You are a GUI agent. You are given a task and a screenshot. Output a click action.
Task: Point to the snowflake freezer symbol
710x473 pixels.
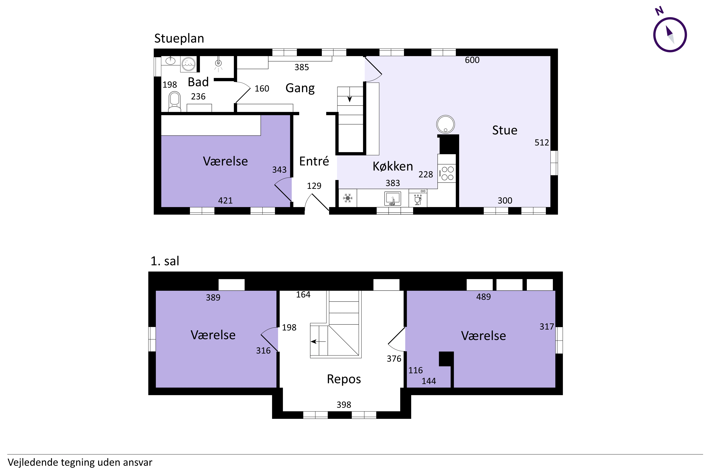tap(348, 198)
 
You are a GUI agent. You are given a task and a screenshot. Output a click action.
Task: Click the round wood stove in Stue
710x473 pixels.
tap(446, 124)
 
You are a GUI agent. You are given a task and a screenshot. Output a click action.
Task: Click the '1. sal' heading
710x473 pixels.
tap(165, 261)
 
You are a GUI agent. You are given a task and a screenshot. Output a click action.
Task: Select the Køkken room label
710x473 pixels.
tap(393, 166)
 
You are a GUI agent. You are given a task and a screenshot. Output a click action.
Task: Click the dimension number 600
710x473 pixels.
tap(472, 60)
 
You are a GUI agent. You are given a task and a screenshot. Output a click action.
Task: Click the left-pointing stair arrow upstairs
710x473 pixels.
tap(318, 342)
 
